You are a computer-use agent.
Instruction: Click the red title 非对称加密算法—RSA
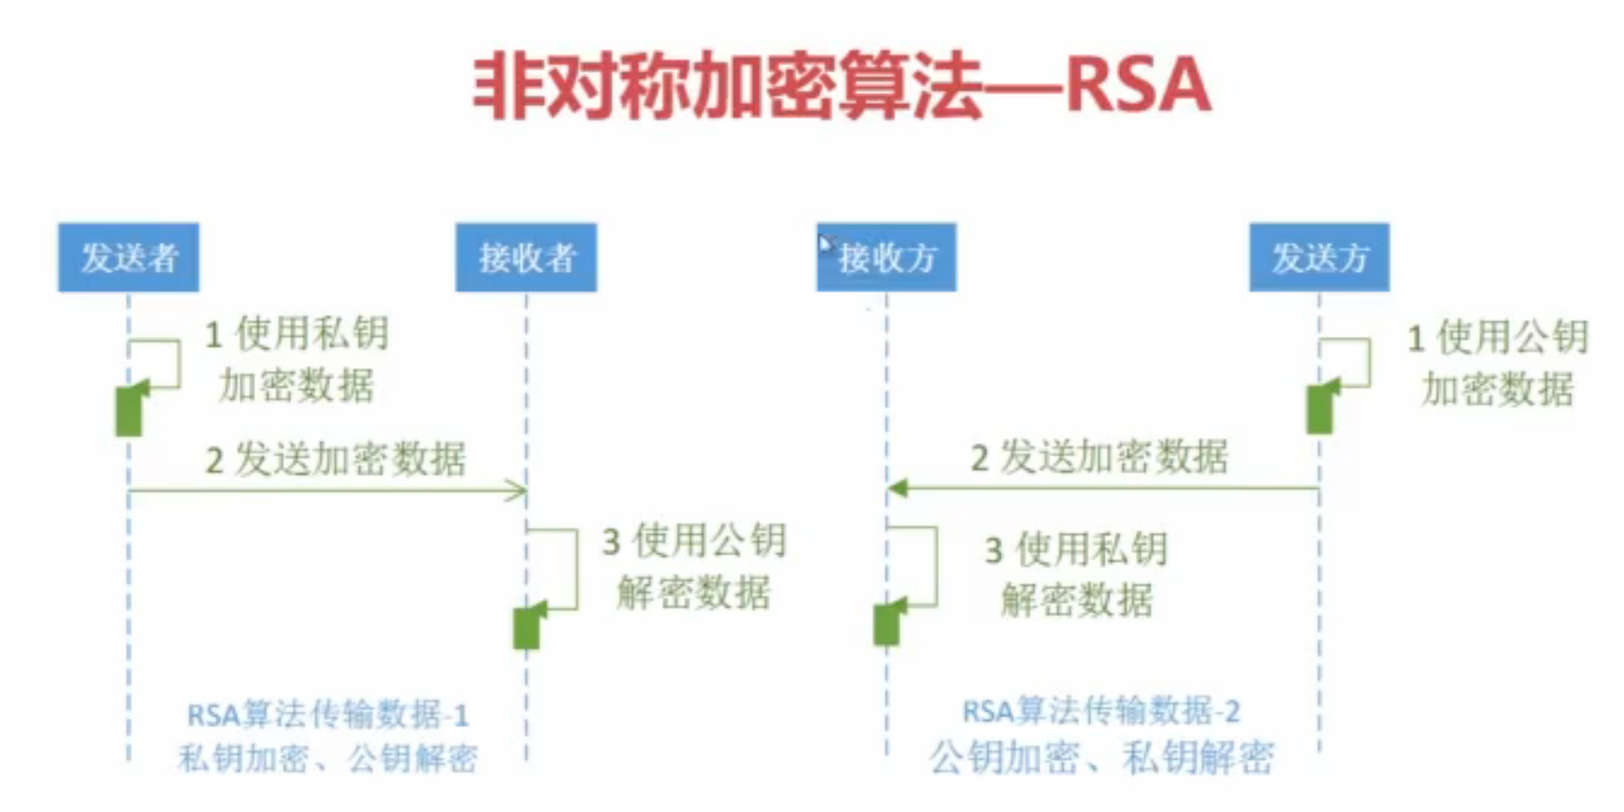point(841,86)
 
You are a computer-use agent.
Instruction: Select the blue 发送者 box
point(128,258)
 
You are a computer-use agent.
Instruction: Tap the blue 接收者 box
point(526,258)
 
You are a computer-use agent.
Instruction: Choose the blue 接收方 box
point(886,258)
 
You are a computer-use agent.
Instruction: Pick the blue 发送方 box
point(1318,258)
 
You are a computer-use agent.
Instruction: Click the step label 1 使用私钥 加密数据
point(296,359)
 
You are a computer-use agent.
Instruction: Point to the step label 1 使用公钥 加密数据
point(1498,363)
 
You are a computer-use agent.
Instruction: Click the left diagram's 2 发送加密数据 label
point(336,458)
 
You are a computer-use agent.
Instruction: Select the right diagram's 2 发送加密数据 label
point(1100,457)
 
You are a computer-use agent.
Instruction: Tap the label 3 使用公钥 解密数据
point(694,566)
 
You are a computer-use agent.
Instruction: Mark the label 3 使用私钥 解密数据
point(1076,574)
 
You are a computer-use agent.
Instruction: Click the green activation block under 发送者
point(129,411)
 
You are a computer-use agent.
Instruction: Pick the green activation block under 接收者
point(527,628)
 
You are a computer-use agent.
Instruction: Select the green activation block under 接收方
point(887,623)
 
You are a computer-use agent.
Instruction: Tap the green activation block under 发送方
point(1319,409)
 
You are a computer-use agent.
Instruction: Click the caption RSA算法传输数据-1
point(328,715)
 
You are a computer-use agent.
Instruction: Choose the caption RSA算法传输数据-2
point(1101,711)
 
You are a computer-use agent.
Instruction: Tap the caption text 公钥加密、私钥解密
point(1101,758)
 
